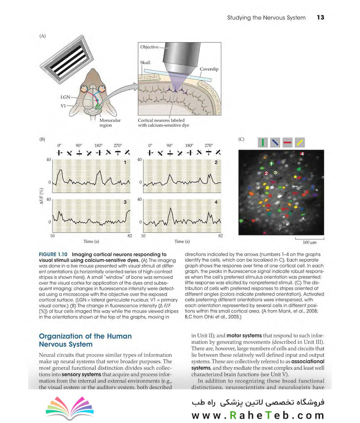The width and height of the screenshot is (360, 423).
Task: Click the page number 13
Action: coord(320,18)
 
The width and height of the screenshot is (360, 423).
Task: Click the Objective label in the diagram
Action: coord(149,47)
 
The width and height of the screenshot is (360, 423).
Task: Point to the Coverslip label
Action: coord(209,69)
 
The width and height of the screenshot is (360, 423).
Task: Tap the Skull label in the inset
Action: coord(145,62)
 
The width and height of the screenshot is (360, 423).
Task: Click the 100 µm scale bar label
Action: coord(309,243)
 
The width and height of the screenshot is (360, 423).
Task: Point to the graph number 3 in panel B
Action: coord(125,202)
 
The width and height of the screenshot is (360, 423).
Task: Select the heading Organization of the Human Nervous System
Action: coord(85,340)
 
